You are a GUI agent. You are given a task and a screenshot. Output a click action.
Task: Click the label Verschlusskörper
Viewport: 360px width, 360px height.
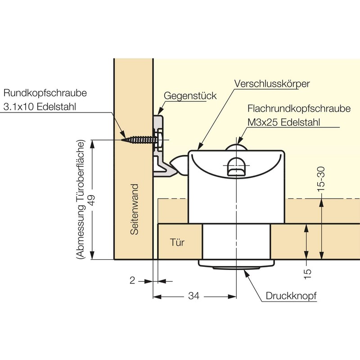click(272, 84)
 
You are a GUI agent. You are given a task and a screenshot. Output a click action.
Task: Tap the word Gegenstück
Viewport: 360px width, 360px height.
click(190, 96)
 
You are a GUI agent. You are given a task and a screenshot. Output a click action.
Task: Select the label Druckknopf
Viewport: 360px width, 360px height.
click(291, 296)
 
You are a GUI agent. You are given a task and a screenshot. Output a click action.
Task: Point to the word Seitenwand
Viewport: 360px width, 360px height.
click(135, 209)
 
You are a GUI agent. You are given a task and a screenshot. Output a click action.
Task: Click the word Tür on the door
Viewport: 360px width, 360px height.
click(177, 243)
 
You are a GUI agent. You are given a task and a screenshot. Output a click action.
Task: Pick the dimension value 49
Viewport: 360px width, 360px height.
click(92, 200)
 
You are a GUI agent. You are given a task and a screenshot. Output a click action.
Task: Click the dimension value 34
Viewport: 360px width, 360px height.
click(194, 296)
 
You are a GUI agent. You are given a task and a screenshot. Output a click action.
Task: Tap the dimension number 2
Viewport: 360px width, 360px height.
click(132, 280)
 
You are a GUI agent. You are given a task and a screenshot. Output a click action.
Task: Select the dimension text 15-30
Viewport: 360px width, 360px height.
click(321, 179)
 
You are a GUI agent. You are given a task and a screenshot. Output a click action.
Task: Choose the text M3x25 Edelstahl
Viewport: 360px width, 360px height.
click(283, 122)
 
